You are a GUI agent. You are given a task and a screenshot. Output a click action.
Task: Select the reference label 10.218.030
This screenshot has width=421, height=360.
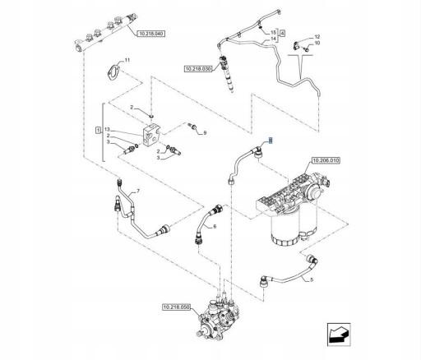198,68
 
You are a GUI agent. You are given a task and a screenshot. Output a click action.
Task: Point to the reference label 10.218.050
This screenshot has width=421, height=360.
176,307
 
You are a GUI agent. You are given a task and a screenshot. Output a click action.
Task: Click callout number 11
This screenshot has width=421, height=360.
127,60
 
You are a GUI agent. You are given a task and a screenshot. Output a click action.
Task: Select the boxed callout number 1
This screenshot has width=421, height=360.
98,131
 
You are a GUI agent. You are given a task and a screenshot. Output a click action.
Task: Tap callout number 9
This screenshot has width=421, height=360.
205,132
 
